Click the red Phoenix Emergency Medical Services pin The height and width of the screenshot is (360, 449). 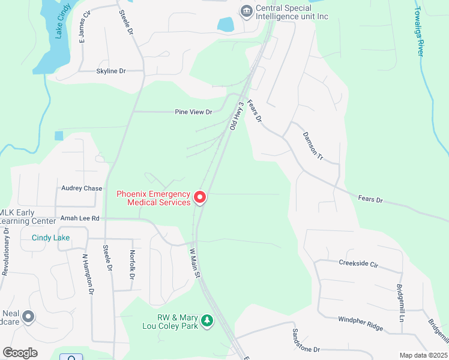199,197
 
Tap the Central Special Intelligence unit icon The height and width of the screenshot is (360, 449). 246,11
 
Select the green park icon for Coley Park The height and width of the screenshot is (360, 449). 207,322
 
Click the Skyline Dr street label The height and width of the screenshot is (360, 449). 111,71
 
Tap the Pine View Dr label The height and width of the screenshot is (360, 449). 193,112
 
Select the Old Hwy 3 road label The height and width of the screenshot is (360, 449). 237,116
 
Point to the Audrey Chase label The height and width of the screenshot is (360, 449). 82,188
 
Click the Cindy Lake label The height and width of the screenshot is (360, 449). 50,238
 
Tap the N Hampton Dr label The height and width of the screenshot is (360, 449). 88,274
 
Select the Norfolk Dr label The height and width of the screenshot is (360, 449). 132,265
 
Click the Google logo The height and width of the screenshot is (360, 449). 20,353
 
